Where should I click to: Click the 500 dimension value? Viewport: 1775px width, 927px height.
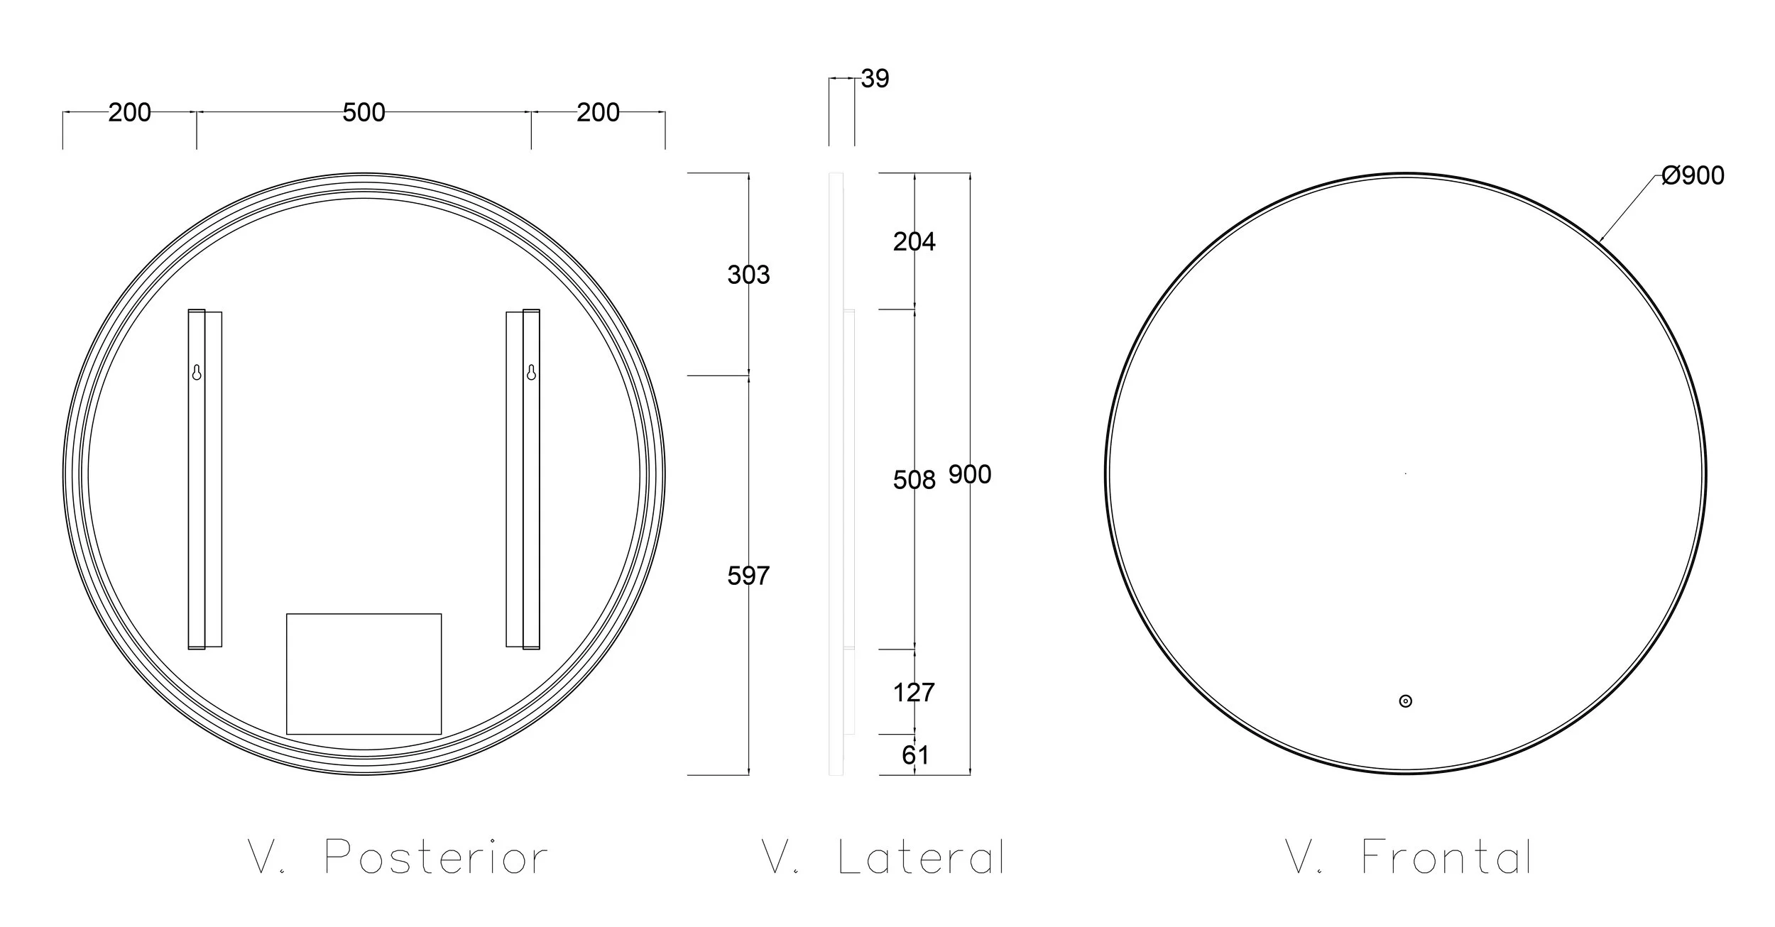point(364,112)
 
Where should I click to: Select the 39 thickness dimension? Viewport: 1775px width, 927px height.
point(875,79)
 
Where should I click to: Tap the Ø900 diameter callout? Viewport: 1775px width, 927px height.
point(1693,175)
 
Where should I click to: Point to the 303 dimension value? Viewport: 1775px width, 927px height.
point(748,275)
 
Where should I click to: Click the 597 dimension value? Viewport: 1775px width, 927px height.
point(748,576)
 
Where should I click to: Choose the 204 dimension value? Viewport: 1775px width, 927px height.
point(914,242)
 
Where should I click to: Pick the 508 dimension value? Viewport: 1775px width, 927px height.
point(914,481)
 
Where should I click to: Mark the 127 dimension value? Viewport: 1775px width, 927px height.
point(914,692)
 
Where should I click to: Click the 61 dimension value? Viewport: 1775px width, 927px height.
point(915,755)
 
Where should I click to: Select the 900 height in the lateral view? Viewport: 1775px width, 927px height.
point(970,474)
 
